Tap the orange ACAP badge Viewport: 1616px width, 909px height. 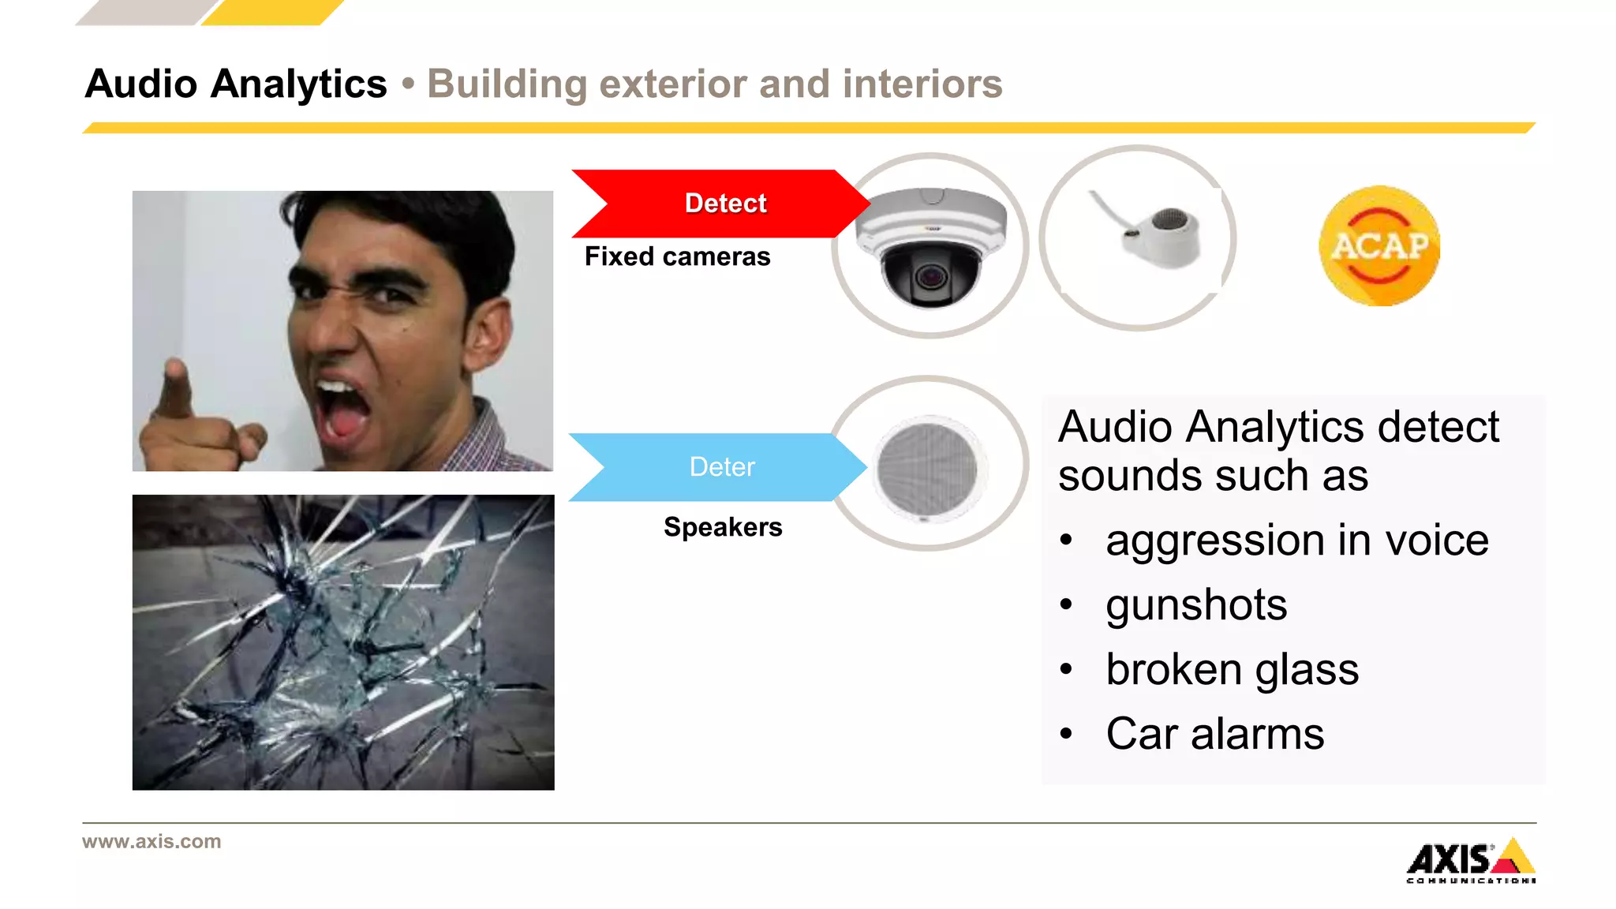(x=1379, y=245)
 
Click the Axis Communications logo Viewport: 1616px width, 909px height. (x=1471, y=861)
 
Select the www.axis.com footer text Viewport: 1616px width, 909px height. (x=151, y=841)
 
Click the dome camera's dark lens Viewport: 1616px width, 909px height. (x=931, y=278)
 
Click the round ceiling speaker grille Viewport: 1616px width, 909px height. (x=927, y=468)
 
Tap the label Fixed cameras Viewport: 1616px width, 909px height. (x=677, y=257)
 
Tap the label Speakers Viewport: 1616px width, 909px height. (x=723, y=527)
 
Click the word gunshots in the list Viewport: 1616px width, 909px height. (x=1196, y=605)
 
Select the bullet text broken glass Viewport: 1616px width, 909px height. (x=1232, y=670)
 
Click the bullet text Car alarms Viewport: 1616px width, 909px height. (x=1214, y=734)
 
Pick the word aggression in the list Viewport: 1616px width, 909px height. (x=1214, y=541)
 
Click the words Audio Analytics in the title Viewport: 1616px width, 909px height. (x=236, y=84)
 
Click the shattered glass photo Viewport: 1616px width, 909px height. (x=343, y=642)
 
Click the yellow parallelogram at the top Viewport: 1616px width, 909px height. (x=272, y=12)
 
